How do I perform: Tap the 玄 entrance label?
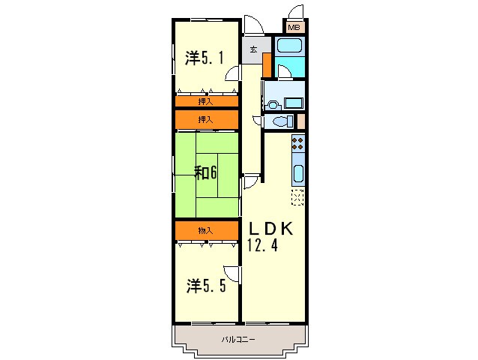254,50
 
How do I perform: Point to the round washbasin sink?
272,103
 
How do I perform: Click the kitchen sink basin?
297,175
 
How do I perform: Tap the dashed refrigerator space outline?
297,198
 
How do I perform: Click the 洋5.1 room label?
205,58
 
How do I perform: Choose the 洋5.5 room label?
205,286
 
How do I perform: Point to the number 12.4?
263,245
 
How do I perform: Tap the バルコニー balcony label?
238,340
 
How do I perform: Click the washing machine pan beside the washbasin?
293,103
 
